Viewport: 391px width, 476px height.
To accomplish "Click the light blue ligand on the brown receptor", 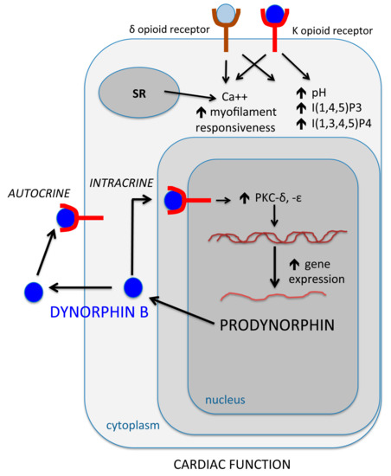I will (224, 14).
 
